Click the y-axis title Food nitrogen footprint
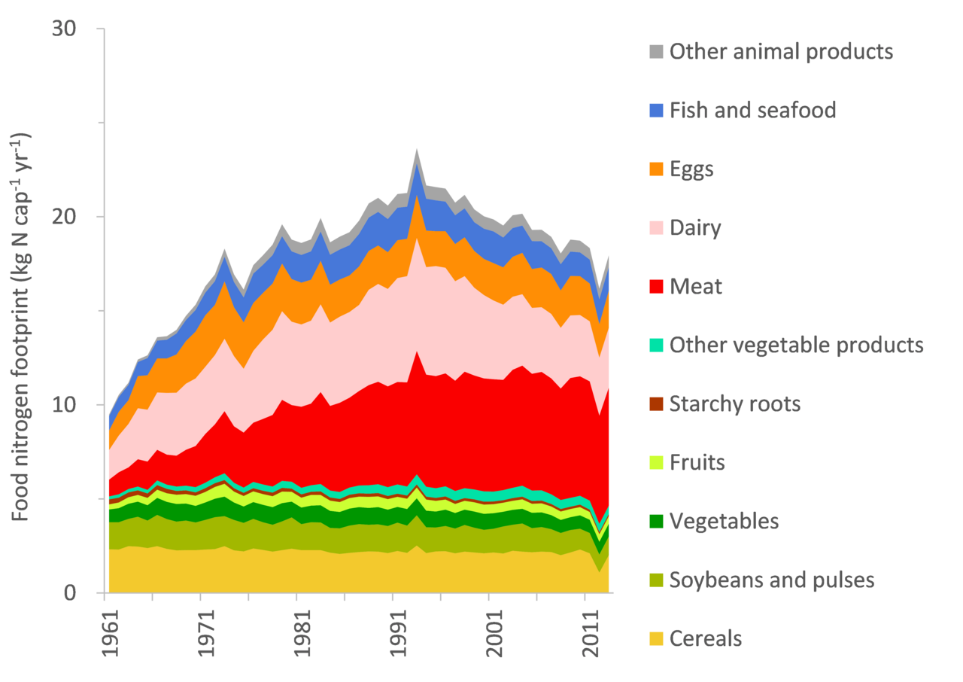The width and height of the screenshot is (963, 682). [x=21, y=327]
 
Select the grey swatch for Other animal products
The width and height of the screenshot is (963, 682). [x=655, y=52]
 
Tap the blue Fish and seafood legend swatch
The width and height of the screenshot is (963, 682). [x=655, y=111]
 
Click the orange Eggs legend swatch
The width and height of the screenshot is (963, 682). [x=655, y=169]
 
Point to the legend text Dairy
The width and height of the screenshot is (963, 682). [x=695, y=228]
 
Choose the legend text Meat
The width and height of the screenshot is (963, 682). [x=695, y=287]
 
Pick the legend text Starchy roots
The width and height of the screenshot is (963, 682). [x=734, y=404]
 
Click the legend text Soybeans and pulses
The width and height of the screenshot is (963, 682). [x=771, y=580]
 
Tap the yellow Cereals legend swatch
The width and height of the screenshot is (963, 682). [x=655, y=639]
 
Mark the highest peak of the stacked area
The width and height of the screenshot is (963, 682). [x=417, y=149]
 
